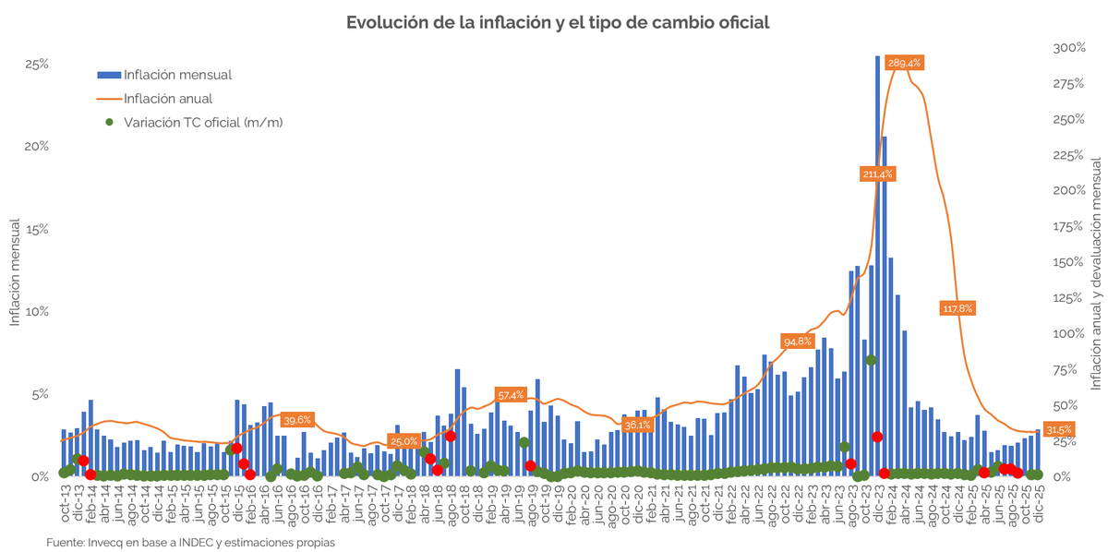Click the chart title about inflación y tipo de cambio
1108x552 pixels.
[557, 21]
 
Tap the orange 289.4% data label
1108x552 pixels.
[904, 63]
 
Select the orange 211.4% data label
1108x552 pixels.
[877, 174]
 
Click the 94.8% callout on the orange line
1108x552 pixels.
[798, 341]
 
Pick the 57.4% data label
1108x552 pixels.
[511, 369]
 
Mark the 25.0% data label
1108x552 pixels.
[403, 441]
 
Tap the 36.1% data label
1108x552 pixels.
[637, 425]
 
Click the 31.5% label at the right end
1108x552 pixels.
[1059, 429]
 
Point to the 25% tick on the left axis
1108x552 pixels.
[36, 65]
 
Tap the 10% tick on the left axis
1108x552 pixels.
[36, 312]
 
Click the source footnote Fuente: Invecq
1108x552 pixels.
[190, 543]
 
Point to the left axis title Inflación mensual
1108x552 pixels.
[15, 272]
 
